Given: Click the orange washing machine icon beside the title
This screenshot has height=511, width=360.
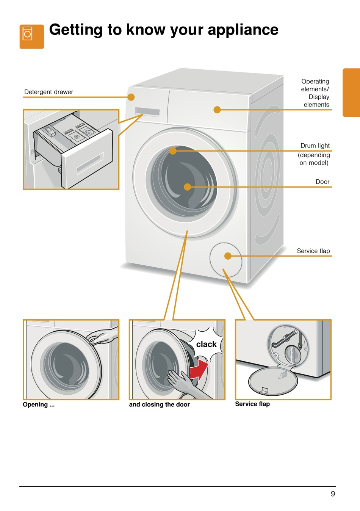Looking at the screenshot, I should click(x=31, y=36).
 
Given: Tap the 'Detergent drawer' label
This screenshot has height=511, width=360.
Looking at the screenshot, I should click(x=49, y=92).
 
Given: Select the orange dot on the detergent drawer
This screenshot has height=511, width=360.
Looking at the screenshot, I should click(x=131, y=97).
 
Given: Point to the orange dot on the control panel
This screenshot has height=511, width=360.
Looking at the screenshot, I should click(x=217, y=110).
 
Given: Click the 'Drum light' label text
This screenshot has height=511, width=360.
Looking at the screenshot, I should click(x=315, y=146).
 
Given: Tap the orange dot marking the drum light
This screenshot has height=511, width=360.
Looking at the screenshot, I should click(x=173, y=151).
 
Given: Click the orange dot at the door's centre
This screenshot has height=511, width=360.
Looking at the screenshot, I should click(x=187, y=187).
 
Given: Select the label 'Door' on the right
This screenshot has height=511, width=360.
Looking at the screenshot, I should click(x=322, y=182).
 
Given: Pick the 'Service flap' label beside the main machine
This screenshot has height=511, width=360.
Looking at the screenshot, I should click(x=313, y=251).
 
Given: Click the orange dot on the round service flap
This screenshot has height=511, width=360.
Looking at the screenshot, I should click(x=228, y=256).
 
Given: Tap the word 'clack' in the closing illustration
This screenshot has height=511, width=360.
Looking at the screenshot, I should click(x=206, y=344).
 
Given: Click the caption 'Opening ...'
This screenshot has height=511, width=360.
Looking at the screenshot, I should click(x=39, y=404).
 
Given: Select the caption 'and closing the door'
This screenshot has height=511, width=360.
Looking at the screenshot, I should click(x=159, y=404).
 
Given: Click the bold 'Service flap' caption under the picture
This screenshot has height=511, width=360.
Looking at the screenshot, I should click(x=252, y=404).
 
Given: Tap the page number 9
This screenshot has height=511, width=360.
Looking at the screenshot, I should click(x=333, y=494).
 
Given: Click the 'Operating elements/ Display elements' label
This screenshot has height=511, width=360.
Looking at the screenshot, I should click(x=315, y=93).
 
